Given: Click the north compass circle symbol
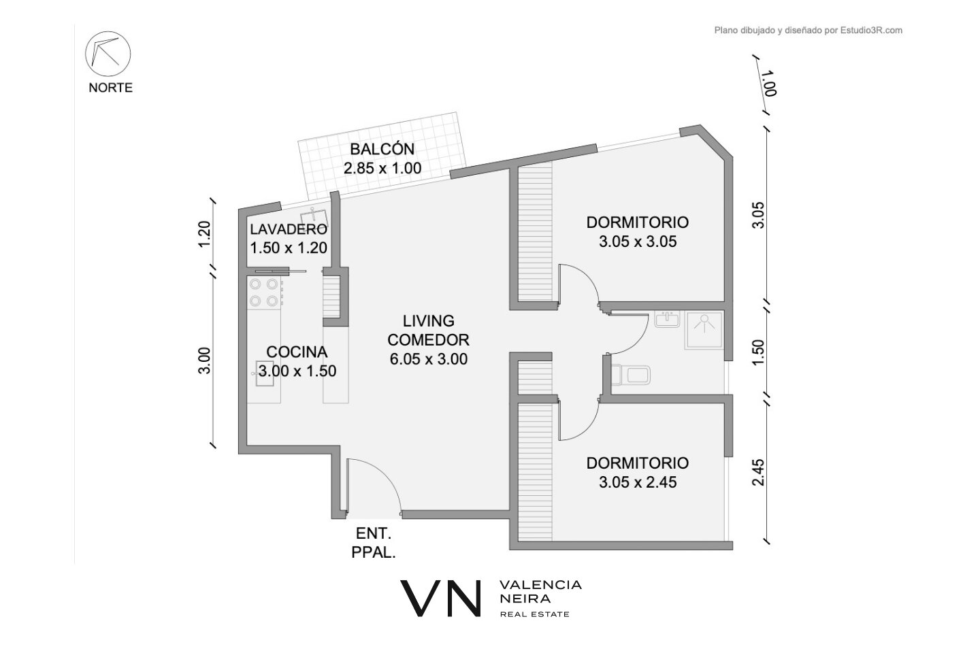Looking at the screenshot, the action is point(108,54).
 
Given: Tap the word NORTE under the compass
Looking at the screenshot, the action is point(110,88).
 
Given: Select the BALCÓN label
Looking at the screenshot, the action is point(382,149).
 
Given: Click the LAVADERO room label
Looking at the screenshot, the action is point(289,229).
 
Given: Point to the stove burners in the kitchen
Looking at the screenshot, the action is point(264,292).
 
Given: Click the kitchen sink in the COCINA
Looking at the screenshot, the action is point(264,373).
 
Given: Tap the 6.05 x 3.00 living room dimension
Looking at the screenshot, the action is point(428,359).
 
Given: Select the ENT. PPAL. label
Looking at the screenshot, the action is point(373,543).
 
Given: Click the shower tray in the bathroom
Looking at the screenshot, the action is point(704,330).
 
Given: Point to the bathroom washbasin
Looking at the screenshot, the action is point(667,319).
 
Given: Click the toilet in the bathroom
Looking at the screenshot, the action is point(630,375).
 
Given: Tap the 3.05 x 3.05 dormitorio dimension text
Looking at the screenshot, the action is point(638,241).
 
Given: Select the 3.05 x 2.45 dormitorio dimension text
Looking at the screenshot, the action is point(638,482).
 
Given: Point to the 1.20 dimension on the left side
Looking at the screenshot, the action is point(204,234).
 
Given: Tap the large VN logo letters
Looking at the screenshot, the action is point(440,599).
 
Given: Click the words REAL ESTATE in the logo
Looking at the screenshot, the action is point(535,614).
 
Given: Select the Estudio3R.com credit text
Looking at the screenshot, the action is point(872,31).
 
